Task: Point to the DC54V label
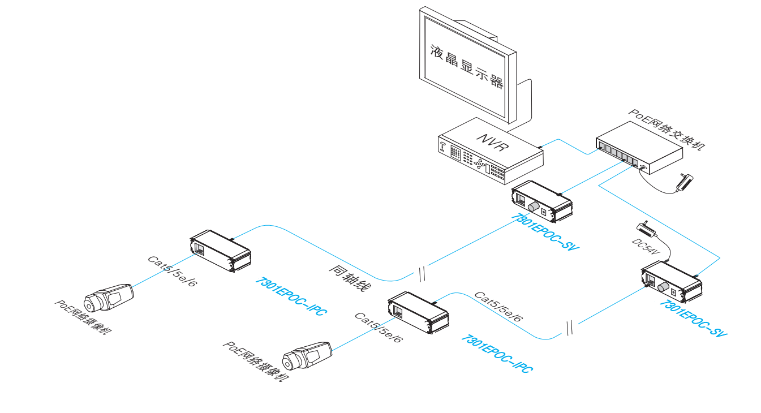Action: click(x=646, y=248)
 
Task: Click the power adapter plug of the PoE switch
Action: click(x=686, y=182)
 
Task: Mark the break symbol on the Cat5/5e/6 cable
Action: click(x=570, y=328)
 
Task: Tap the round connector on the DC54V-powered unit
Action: click(x=661, y=286)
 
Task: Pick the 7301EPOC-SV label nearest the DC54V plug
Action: click(x=694, y=319)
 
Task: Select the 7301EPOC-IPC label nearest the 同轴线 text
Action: click(x=291, y=297)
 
